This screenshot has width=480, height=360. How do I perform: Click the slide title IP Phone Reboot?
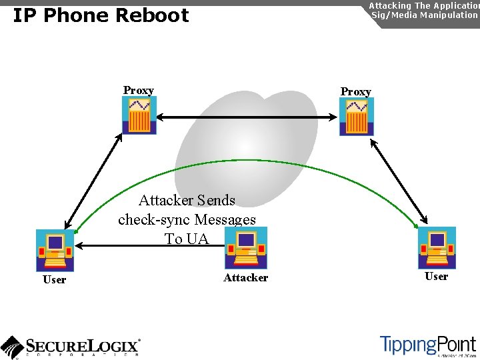[x=101, y=15]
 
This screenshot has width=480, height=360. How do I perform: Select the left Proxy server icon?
[x=139, y=115]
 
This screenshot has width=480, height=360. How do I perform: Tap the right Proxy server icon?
[x=356, y=117]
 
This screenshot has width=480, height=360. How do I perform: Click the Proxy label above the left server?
[x=139, y=91]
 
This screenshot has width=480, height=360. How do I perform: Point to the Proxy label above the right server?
[x=355, y=91]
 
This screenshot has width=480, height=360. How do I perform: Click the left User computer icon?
[x=55, y=250]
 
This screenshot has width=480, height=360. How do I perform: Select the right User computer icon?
[x=437, y=247]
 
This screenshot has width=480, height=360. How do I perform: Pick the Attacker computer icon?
[x=246, y=247]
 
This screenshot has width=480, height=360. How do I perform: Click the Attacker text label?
[x=245, y=278]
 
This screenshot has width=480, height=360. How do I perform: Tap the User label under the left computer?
[x=54, y=280]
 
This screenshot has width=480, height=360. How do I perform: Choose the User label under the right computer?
[x=436, y=277]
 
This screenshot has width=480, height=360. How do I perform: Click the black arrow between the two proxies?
[x=247, y=117]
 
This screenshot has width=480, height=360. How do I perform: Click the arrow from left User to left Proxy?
[x=93, y=181]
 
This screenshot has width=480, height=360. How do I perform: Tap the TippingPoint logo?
[x=427, y=345]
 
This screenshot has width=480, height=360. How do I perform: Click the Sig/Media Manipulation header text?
[x=424, y=15]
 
